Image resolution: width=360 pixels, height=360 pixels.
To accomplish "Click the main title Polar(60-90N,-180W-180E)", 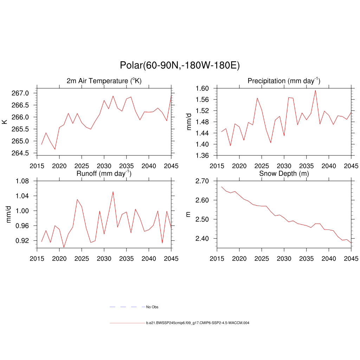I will tap(180, 65).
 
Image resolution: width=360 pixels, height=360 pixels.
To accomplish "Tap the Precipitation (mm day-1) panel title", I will tap(284, 81).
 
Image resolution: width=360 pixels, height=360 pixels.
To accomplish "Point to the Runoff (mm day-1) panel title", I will tap(104, 173).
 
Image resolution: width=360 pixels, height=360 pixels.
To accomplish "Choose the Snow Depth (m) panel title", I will tap(284, 174).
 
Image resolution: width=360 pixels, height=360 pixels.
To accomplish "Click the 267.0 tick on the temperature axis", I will tap(24, 93).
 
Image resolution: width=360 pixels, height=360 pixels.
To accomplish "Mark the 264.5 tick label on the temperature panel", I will tap(24, 153).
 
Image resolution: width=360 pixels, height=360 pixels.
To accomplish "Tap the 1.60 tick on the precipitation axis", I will tap(203, 88).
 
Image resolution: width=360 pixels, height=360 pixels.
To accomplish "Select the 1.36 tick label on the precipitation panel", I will tap(203, 155).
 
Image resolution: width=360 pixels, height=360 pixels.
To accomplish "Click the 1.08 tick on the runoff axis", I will tap(24, 181).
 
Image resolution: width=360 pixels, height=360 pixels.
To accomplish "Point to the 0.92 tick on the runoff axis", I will tap(24, 240).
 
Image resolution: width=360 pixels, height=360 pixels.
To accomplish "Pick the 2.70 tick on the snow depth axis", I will tap(203, 181).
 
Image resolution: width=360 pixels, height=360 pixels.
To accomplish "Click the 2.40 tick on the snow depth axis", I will tap(203, 238).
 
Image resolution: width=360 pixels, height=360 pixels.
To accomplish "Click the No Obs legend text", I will tap(152, 307).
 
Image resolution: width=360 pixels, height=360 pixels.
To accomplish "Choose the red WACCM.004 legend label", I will tap(198, 323).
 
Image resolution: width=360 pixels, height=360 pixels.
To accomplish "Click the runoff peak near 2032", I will tap(113, 192).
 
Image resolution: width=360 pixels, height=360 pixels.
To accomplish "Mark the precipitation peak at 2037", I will tap(315, 90).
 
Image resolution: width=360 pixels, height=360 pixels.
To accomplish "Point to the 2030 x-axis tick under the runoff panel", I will tap(104, 259).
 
